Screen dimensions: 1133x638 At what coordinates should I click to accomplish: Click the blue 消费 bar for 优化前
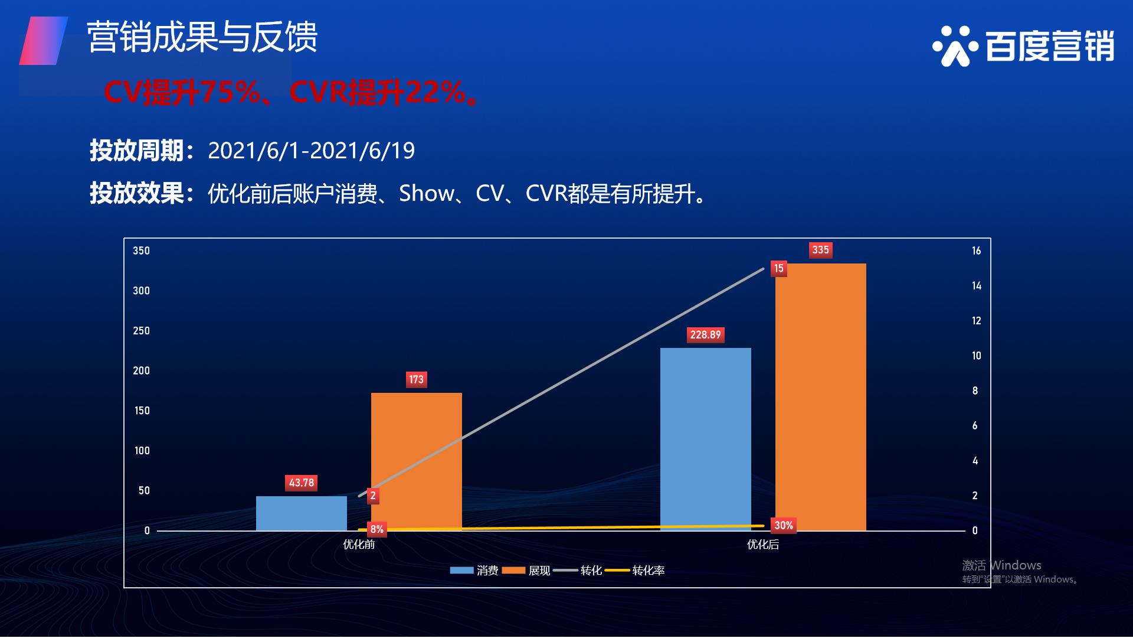[x=302, y=513]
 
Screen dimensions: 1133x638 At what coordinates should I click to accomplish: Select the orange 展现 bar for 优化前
[x=417, y=461]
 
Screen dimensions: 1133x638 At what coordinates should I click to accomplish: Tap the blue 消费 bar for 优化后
[x=706, y=439]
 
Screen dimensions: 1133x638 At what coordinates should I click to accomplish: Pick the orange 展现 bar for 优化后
[x=821, y=397]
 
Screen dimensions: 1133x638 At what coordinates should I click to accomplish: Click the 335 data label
[x=820, y=250]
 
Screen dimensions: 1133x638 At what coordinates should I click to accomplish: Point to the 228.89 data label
[x=706, y=335]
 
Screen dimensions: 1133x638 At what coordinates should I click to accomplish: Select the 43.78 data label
[x=302, y=483]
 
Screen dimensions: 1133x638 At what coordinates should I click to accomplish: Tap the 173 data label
[x=417, y=379]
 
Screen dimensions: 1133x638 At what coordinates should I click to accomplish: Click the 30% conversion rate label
[x=784, y=525]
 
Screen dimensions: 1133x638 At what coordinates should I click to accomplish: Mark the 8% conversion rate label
[x=377, y=529]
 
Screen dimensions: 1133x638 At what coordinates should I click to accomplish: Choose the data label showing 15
[x=779, y=269]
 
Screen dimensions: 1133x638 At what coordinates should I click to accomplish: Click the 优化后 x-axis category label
[x=763, y=545]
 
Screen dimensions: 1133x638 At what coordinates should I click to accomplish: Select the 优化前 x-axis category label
[x=359, y=545]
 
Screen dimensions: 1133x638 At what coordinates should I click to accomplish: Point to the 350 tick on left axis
[x=142, y=251]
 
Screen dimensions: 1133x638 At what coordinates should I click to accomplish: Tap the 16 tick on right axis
[x=977, y=251]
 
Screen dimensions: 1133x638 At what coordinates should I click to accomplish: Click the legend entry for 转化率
[x=635, y=571]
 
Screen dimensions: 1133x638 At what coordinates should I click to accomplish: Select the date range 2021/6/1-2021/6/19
[x=312, y=151]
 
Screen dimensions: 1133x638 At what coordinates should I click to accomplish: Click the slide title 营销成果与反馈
[x=202, y=37]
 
